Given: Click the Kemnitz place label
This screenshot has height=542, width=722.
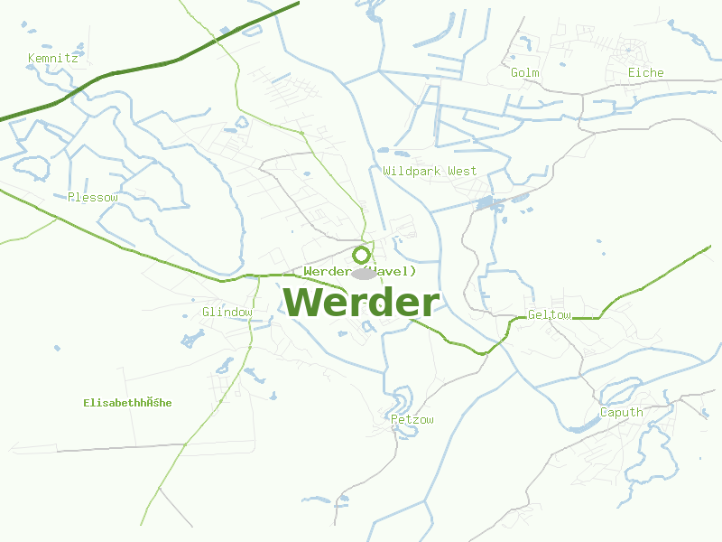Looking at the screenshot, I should tap(52, 59).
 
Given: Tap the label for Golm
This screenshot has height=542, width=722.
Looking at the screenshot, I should tap(524, 73).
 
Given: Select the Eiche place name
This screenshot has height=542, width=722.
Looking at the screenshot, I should tap(645, 73).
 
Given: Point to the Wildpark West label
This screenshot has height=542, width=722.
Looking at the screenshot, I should tap(430, 171).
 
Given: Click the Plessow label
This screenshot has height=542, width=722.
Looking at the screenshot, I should tap(92, 197).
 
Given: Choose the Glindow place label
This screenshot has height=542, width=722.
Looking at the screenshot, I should tap(227, 313).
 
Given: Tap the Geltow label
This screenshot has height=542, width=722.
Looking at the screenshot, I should tap(549, 315).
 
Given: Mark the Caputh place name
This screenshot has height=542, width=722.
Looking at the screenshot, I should tap(622, 413).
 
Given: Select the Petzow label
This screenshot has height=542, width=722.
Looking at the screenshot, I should tap(412, 420).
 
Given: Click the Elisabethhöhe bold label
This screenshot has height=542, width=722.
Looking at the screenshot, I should tap(127, 403).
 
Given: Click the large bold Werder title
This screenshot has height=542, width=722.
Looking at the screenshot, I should tap(361, 303).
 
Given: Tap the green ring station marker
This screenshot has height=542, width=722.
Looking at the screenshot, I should tap(361, 255).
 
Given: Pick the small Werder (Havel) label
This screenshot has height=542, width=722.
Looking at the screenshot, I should tap(360, 271).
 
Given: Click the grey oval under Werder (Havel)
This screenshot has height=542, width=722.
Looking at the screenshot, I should tap(363, 274).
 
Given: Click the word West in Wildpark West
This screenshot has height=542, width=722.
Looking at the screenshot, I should tap(462, 171).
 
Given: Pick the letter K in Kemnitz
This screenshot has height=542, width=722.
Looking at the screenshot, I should tap(32, 59).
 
